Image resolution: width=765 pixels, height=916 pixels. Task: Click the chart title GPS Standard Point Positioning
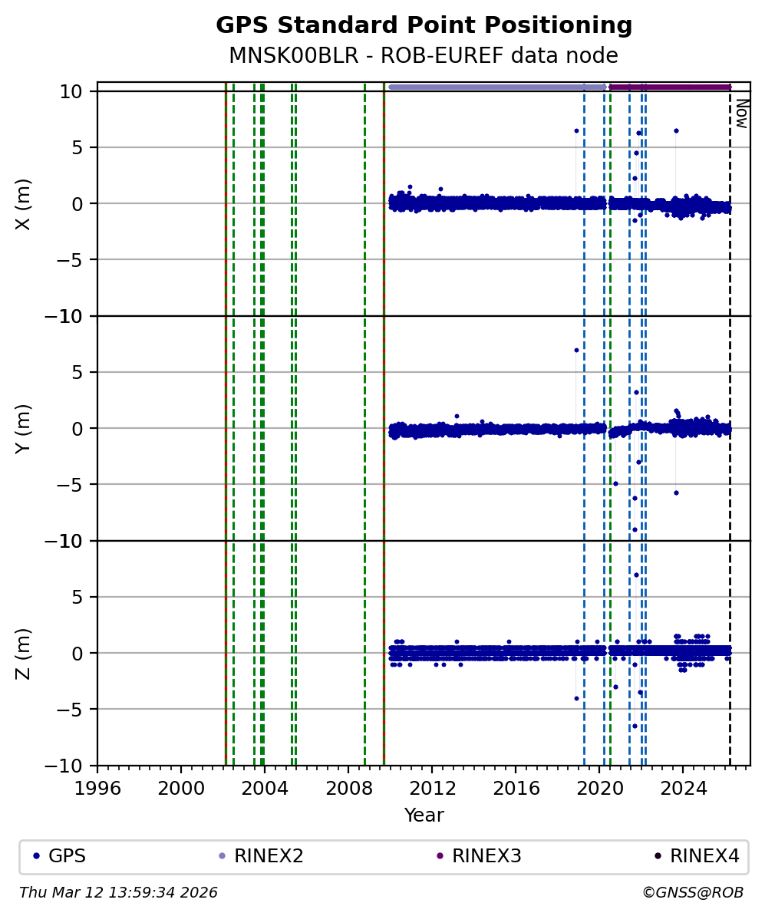[x=424, y=25]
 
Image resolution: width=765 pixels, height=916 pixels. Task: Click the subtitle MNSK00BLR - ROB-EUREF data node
[x=424, y=55]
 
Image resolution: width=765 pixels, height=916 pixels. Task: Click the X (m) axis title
[x=24, y=203]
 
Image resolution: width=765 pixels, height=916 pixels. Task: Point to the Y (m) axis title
[x=24, y=428]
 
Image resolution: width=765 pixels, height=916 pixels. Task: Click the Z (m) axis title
[x=24, y=653]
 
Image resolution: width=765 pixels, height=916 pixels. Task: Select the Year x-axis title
[x=424, y=816]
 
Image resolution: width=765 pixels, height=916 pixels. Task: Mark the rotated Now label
[x=741, y=113]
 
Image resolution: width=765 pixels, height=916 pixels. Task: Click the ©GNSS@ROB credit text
[x=692, y=893]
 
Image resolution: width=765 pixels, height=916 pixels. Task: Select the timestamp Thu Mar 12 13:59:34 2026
[x=119, y=893]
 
